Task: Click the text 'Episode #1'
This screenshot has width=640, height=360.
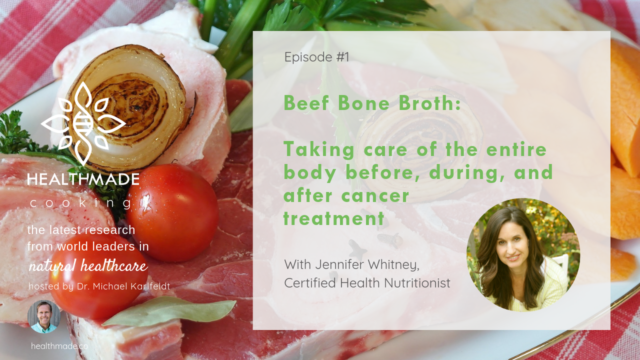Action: [316, 57]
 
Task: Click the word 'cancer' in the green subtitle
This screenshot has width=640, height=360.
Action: [375, 195]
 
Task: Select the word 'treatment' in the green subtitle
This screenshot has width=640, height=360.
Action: [333, 218]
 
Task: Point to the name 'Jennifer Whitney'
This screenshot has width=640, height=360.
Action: [367, 264]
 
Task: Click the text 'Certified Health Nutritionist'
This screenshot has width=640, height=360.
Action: [367, 283]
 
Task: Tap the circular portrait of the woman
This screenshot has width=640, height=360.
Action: [523, 255]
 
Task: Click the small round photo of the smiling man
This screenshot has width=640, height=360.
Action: [43, 316]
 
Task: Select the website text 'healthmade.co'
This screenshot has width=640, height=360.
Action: [59, 346]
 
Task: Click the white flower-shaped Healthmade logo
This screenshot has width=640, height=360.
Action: [83, 123]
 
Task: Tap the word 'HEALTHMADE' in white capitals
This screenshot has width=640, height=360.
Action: [83, 179]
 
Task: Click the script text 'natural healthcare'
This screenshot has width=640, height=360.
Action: [88, 265]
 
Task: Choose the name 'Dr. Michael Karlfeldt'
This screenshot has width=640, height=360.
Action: [123, 286]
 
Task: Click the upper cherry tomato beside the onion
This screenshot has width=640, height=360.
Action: [172, 213]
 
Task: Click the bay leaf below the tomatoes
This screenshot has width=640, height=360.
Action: [168, 311]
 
